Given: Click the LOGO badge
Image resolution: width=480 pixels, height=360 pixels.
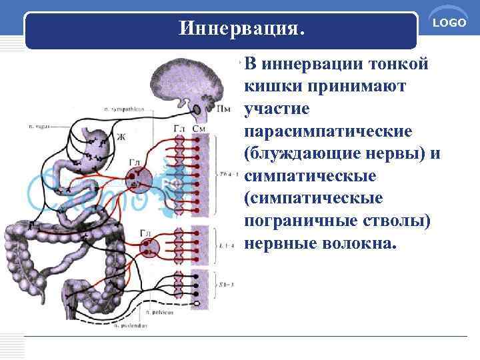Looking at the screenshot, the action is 449,23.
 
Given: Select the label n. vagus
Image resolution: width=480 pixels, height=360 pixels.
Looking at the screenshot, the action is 41,125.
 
